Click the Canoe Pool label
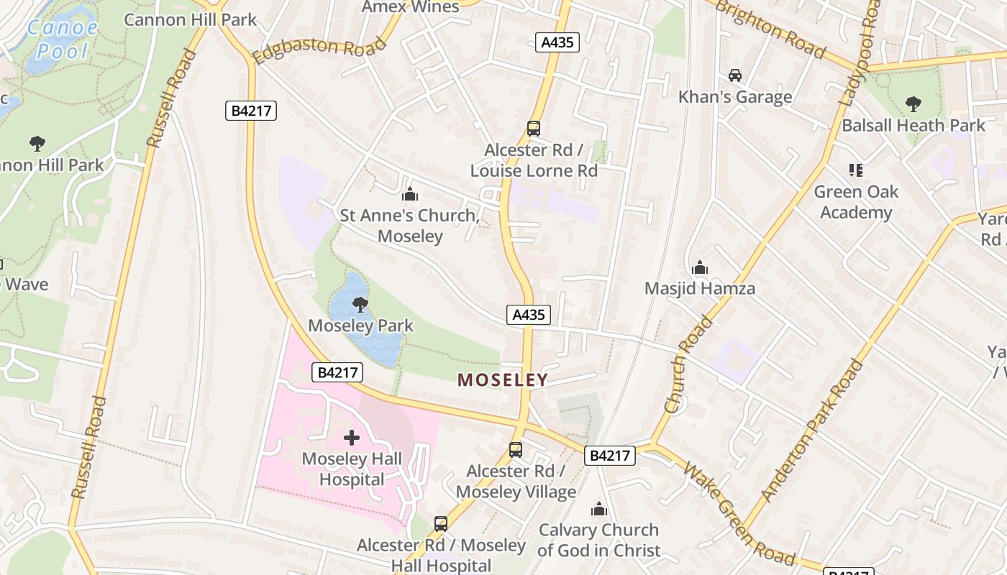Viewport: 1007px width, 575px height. point(62,40)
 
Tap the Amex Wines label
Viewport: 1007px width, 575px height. point(411,7)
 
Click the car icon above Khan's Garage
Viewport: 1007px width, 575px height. point(735,75)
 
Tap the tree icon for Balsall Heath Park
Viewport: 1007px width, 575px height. point(913,104)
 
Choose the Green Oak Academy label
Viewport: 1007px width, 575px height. point(856,202)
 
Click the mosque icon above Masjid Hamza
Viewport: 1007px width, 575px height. point(700,268)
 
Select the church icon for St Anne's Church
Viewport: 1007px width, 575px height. point(410,194)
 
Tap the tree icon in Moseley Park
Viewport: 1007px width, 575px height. point(360,305)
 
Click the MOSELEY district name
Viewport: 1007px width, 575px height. point(503,380)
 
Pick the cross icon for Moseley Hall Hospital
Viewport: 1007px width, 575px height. point(352,438)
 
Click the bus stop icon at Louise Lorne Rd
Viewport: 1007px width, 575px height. point(533,129)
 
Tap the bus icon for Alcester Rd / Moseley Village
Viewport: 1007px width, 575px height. point(516,450)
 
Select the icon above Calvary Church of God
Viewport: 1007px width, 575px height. point(598,510)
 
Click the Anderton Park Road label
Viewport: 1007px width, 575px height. point(813,430)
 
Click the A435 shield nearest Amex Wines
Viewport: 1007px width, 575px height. point(557,42)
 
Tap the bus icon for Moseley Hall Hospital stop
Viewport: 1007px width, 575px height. point(441,524)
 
